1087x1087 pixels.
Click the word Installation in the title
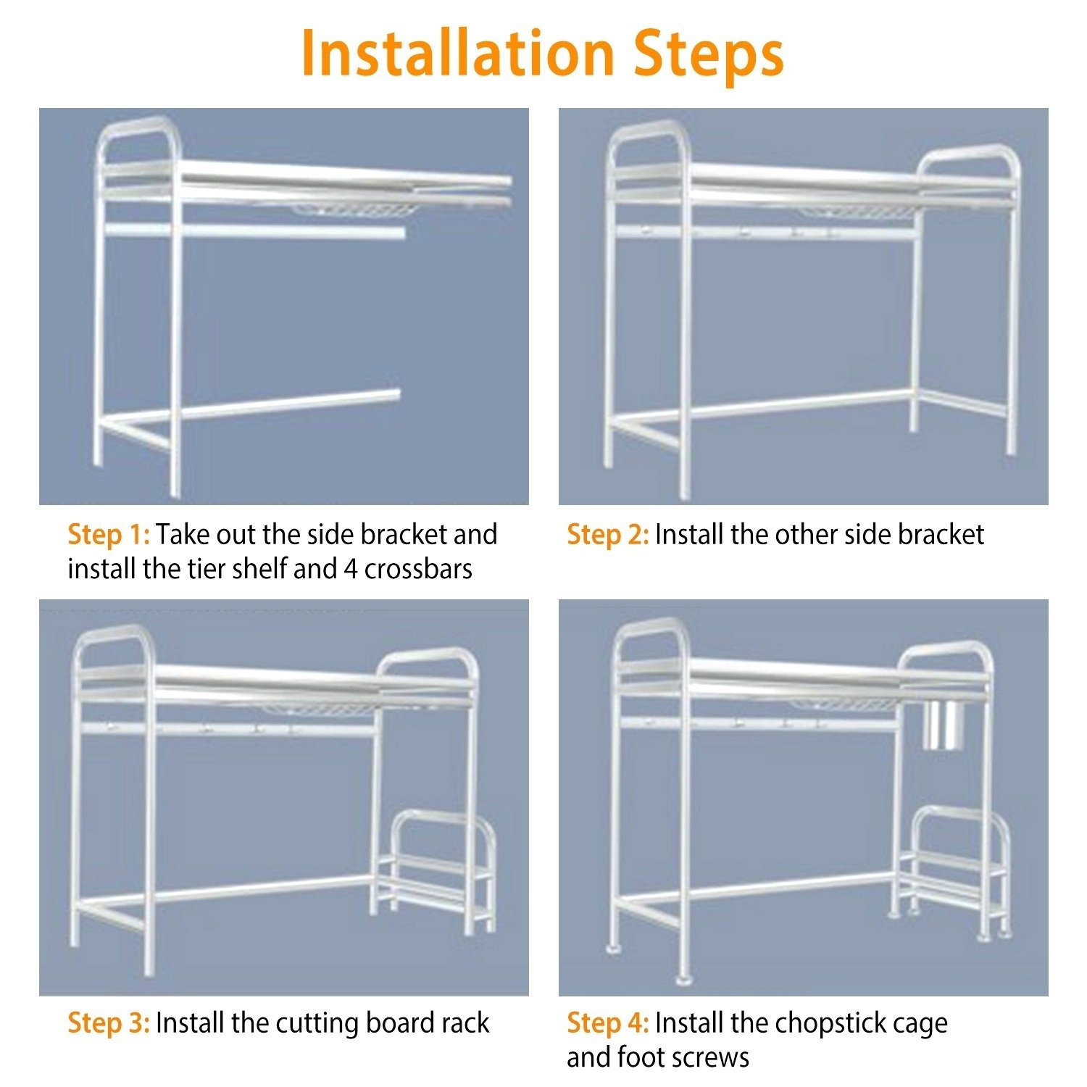457,53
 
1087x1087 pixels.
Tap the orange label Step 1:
109,535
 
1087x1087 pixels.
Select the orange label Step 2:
608,535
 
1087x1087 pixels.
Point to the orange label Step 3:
109,1023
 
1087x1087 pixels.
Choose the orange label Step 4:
608,1023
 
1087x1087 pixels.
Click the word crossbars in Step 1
418,569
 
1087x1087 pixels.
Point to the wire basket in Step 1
355,211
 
